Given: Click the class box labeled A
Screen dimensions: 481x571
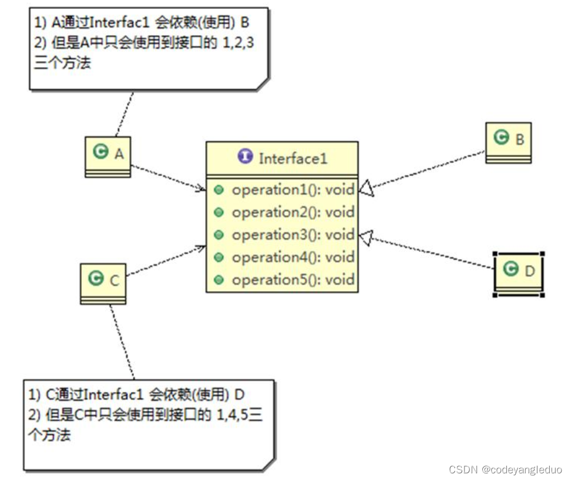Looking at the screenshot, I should point(108,156).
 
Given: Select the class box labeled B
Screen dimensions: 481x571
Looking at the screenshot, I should point(508,142).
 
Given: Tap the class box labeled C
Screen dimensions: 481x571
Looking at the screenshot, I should point(103,283).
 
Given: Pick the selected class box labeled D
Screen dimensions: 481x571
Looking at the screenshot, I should point(518,273).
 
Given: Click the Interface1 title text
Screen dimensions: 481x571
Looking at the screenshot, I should point(293,158).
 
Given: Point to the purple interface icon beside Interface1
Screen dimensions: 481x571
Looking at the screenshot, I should point(246,157).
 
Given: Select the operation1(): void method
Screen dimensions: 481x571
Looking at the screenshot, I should point(293,190).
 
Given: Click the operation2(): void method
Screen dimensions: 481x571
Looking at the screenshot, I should point(293,212).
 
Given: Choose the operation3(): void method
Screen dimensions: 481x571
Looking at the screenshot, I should point(293,235).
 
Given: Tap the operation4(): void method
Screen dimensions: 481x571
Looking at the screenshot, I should point(293,257).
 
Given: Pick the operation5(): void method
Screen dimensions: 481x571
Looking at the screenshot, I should point(293,279).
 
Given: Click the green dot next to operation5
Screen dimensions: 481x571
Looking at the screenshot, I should point(219,279).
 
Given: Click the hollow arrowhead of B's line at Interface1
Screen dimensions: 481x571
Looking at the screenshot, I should point(365,188).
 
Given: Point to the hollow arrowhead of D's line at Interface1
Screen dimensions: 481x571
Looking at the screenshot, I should point(365,237).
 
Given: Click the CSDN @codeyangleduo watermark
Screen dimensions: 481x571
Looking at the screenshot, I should point(505,469).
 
